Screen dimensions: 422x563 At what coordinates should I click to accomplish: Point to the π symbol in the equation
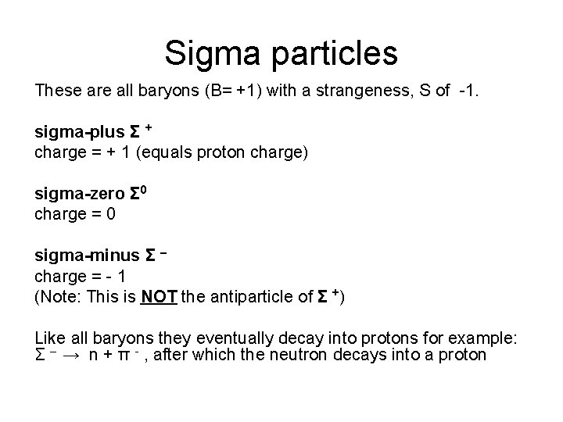pos(138,356)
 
